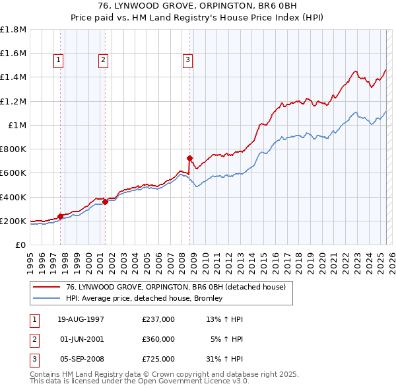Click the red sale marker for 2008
click(189, 159)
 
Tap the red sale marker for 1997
click(60, 216)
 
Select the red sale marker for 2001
click(105, 202)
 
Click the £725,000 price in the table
click(158, 359)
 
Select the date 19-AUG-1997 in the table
click(81, 319)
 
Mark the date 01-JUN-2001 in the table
click(81, 339)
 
